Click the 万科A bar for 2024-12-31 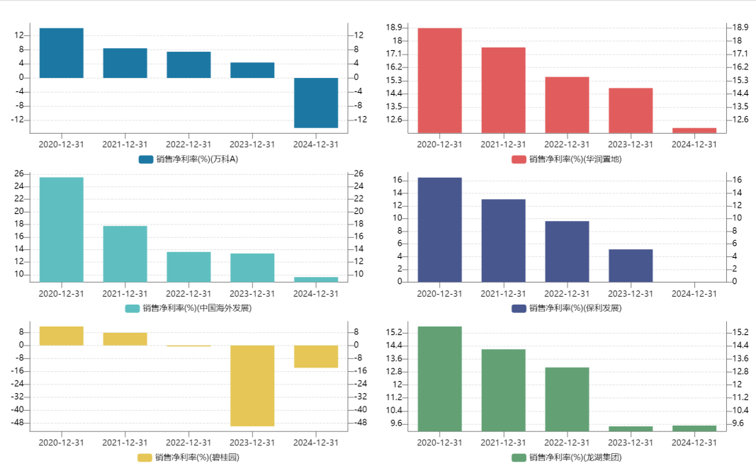(x=316, y=103)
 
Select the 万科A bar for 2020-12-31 (x=62, y=53)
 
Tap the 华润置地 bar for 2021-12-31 (x=503, y=90)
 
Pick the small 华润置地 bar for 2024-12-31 (x=694, y=130)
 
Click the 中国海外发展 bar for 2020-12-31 (x=62, y=229)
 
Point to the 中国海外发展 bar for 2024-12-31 (x=316, y=279)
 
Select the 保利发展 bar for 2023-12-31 (x=631, y=266)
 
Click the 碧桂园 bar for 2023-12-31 (x=252, y=385)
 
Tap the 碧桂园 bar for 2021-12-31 (x=125, y=339)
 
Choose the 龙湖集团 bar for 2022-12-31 (x=567, y=399)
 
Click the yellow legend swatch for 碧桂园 (x=145, y=458)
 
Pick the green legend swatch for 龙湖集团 (x=519, y=458)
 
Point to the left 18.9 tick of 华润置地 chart (x=394, y=27)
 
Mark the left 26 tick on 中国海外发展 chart (x=18, y=174)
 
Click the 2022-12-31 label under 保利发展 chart (x=567, y=293)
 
